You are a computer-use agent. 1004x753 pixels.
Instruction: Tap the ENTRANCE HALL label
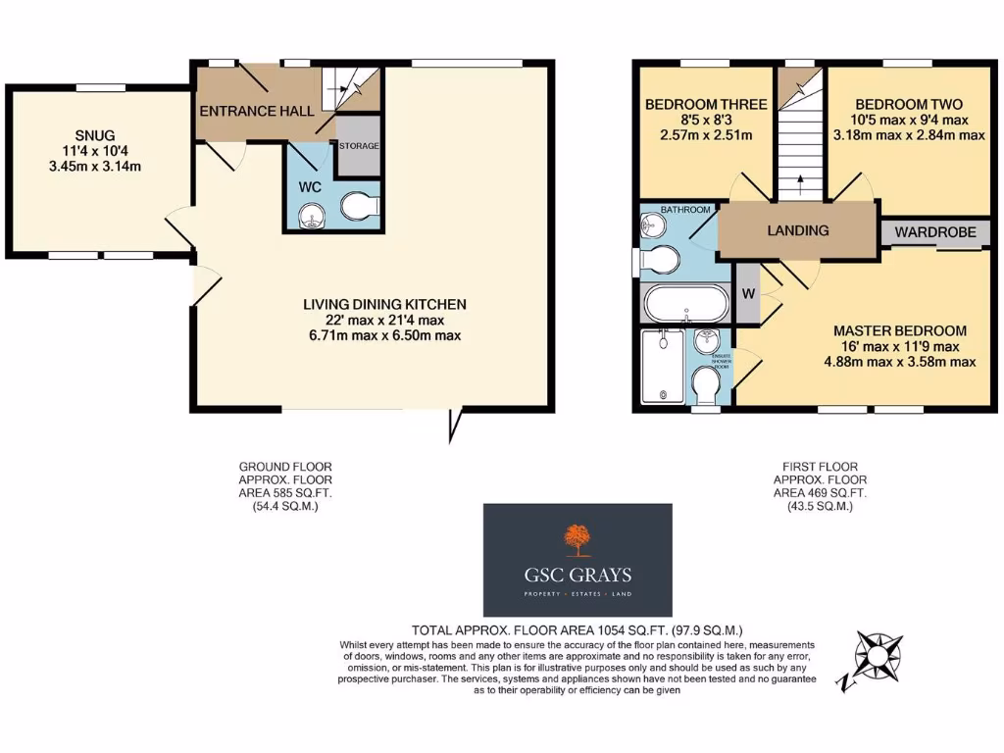tap(257, 111)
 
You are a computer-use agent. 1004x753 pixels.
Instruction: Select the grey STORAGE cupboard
tap(359, 146)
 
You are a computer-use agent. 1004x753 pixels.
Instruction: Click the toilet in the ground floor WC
tap(360, 206)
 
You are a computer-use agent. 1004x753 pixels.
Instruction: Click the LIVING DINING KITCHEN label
tap(383, 304)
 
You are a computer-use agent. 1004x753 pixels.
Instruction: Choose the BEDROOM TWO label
tap(908, 105)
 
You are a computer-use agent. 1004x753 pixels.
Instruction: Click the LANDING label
tap(797, 230)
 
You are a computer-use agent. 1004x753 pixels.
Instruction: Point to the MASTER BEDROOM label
tap(900, 330)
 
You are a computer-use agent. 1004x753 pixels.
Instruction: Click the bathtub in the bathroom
tap(686, 303)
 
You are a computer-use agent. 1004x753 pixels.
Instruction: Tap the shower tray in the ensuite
tap(664, 365)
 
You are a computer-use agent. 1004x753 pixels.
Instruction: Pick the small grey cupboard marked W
tap(747, 294)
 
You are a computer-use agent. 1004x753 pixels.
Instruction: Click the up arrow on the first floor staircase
tap(800, 179)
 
